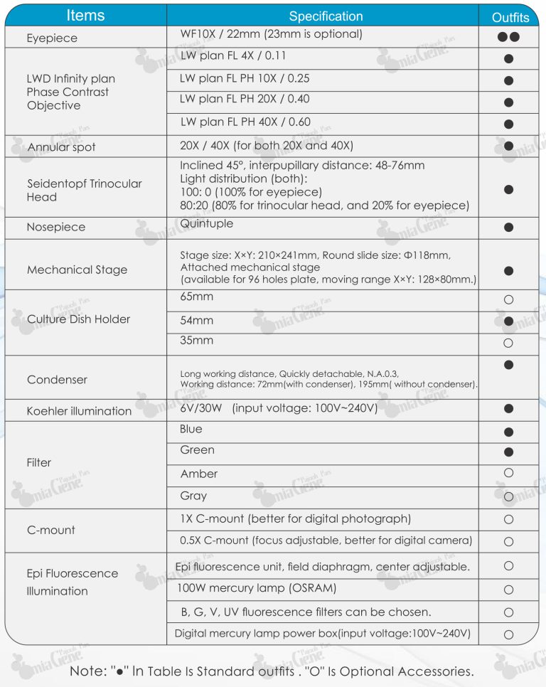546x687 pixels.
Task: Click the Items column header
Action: (x=85, y=15)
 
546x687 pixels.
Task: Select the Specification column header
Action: (x=326, y=16)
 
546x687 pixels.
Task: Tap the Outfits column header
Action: (x=510, y=17)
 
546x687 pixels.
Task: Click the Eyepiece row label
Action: (x=52, y=38)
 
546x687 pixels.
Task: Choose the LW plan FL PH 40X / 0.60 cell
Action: (x=245, y=122)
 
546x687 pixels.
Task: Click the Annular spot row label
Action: (x=61, y=147)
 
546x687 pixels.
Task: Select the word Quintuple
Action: (x=207, y=223)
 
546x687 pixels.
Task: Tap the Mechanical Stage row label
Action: (x=77, y=270)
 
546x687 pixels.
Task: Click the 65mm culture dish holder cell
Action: (x=197, y=297)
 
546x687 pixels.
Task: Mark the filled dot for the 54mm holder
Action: (x=508, y=321)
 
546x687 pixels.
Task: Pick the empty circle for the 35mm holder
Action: (x=508, y=343)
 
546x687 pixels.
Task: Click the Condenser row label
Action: (x=57, y=379)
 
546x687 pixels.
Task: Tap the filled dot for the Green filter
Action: (x=508, y=452)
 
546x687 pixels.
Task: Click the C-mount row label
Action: (x=50, y=530)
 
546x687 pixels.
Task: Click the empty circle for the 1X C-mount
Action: (x=508, y=520)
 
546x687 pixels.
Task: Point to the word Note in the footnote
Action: (x=88, y=671)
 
